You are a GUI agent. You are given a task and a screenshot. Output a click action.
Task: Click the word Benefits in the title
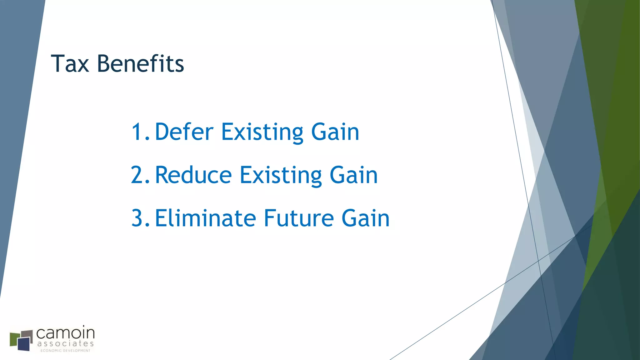pyautogui.click(x=140, y=64)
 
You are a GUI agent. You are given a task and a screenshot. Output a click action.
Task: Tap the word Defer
pyautogui.click(x=184, y=132)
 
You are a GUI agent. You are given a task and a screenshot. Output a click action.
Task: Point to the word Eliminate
pyautogui.click(x=205, y=218)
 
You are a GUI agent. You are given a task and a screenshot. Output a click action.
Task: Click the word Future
pyautogui.click(x=299, y=218)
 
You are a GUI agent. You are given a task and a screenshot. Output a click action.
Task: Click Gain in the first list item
pyautogui.click(x=335, y=132)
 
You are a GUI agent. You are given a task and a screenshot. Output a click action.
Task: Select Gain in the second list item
pyautogui.click(x=353, y=175)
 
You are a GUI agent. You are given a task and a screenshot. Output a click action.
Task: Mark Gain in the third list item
pyautogui.click(x=365, y=218)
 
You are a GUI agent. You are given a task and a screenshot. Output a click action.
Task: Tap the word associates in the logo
pyautogui.click(x=65, y=344)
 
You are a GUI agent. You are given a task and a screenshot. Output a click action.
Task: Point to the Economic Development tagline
pyautogui.click(x=65, y=351)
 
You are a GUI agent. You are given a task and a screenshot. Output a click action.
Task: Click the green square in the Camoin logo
pyautogui.click(x=14, y=340)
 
